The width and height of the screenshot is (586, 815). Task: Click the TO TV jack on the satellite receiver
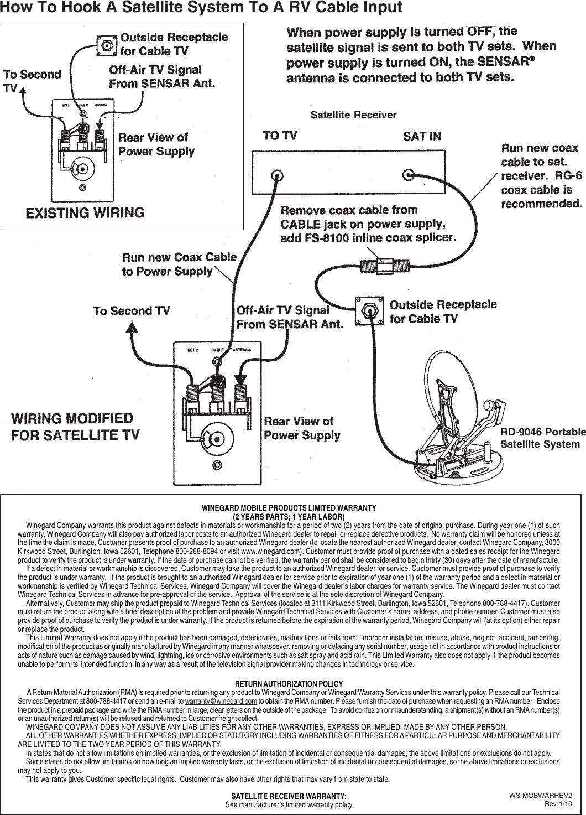click(x=276, y=175)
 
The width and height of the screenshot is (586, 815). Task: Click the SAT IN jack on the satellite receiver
click(x=408, y=175)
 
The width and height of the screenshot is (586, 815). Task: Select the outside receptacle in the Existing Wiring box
click(x=106, y=44)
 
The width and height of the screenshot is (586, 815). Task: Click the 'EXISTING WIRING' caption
click(x=86, y=212)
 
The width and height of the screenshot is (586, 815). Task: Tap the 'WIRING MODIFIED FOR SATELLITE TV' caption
click(x=75, y=425)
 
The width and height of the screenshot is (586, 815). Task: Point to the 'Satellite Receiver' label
click(x=354, y=115)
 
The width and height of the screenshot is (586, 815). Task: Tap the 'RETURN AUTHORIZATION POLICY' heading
click(x=289, y=684)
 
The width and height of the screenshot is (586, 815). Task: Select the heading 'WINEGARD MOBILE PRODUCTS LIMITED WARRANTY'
click(x=289, y=507)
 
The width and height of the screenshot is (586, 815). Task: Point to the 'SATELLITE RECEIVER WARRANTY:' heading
click(x=289, y=796)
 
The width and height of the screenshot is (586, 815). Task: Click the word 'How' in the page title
click(x=16, y=8)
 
